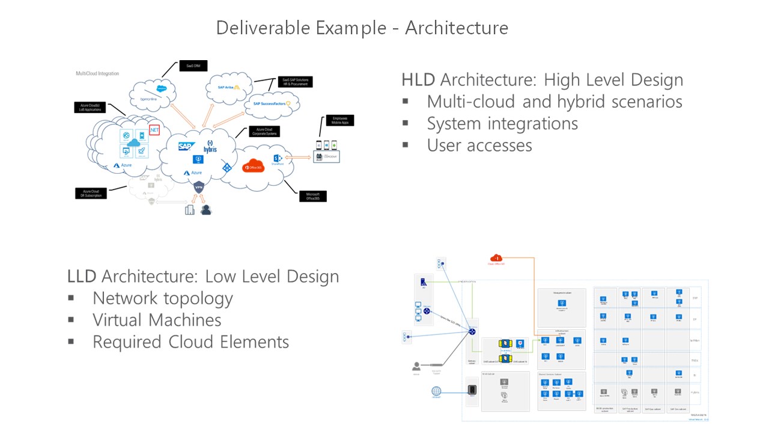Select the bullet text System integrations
502,123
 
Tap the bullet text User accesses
479,145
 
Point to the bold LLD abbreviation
82,276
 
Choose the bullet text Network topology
162,298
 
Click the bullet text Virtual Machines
157,320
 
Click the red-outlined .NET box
154,129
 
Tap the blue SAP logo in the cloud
185,146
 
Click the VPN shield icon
199,187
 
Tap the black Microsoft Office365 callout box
312,196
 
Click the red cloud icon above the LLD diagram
496,259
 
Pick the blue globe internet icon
436,392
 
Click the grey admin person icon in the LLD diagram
416,366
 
